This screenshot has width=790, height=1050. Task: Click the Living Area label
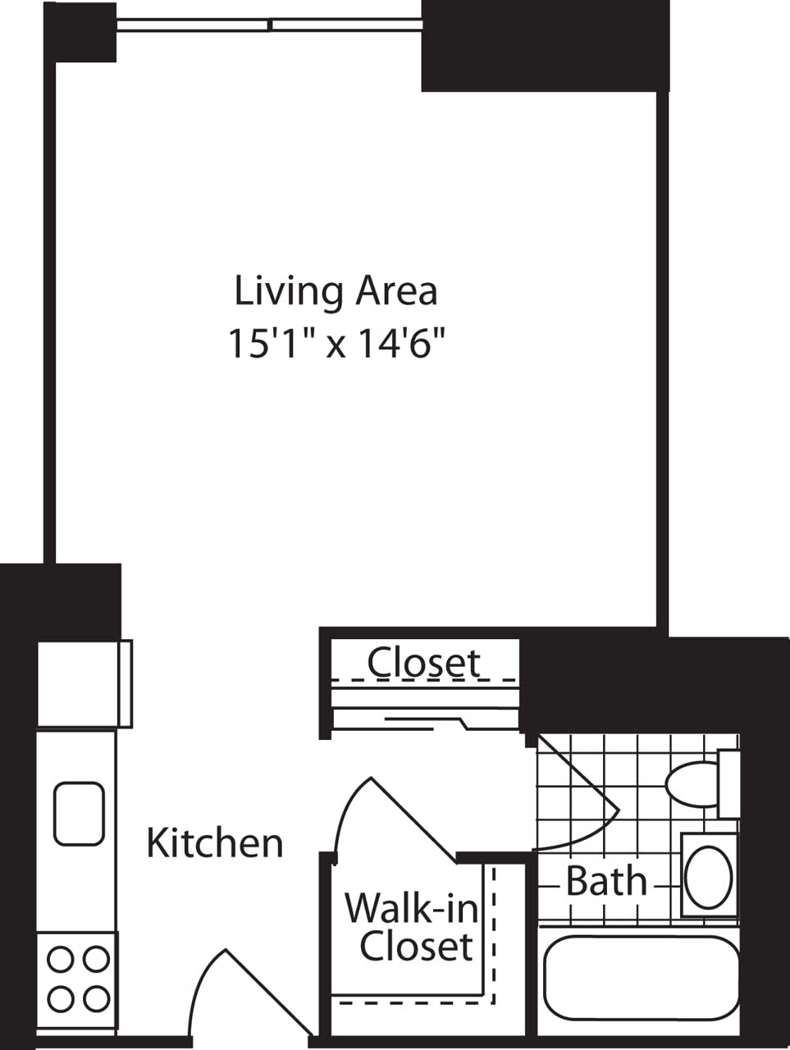coord(336,292)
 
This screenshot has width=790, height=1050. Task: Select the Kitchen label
coord(215,843)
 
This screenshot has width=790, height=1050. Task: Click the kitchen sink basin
coord(79,814)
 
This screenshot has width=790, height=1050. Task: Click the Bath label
coord(606,882)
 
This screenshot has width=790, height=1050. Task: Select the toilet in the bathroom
coord(697,783)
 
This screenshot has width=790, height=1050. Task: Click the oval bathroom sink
coord(709,876)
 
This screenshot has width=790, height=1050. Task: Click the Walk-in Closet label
coord(410,927)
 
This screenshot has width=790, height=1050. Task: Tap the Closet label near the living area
coord(424,662)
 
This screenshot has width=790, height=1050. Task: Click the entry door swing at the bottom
coord(238,993)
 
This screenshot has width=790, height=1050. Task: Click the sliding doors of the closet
coord(427,721)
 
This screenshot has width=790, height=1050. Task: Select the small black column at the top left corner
coord(80,31)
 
